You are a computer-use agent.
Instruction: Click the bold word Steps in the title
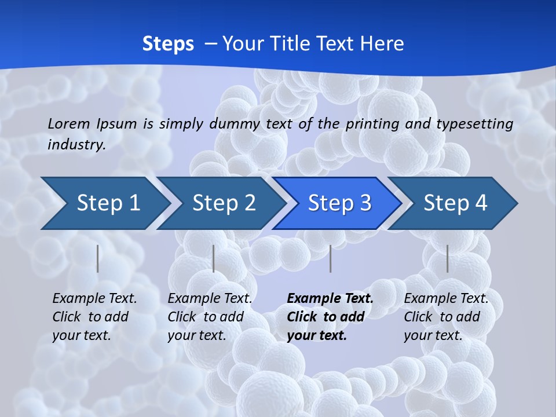tap(168, 44)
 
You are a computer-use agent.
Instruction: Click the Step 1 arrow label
tap(108, 203)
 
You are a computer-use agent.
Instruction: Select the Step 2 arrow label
tap(224, 203)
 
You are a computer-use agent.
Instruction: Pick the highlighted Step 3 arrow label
tap(339, 203)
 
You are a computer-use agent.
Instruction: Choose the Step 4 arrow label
tap(455, 203)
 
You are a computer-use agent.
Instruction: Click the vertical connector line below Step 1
tap(98, 258)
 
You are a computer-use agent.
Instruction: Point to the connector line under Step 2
tap(214, 258)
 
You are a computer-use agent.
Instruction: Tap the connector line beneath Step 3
tap(331, 258)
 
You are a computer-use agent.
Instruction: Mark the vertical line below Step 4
tap(448, 258)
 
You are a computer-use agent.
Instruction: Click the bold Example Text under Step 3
tap(330, 299)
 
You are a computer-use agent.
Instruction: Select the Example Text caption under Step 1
tap(94, 299)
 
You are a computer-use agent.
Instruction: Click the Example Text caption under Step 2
tap(210, 299)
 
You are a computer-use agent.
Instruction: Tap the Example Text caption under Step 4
tap(446, 299)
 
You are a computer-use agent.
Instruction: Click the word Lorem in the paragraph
tap(68, 124)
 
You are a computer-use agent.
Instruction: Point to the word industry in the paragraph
tap(76, 145)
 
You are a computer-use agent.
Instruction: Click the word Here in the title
tap(382, 44)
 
